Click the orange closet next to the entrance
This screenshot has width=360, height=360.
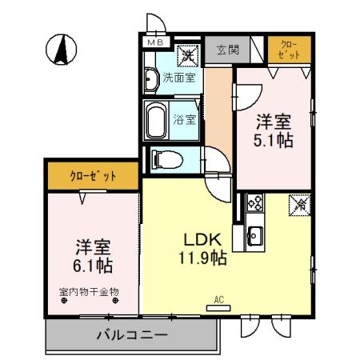(289, 50)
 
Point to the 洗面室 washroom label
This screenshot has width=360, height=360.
(178, 78)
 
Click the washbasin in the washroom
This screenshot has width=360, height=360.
(151, 79)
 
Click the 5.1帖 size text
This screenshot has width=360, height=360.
(274, 140)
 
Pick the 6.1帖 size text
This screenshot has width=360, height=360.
(93, 263)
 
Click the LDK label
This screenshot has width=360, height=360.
(203, 241)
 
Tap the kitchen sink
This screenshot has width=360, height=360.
(255, 235)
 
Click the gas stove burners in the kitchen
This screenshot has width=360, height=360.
(255, 203)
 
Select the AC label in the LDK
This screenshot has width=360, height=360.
(218, 301)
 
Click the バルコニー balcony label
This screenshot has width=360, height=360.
(132, 335)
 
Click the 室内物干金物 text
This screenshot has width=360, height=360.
(89, 292)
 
